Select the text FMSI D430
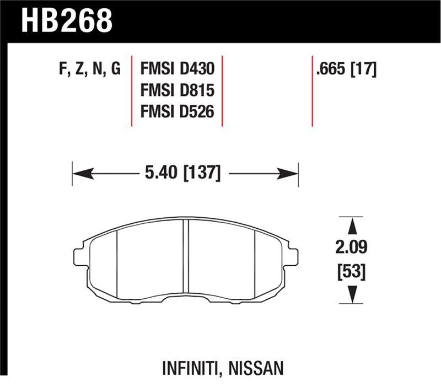tap(176, 70)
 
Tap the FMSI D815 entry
tap(176, 91)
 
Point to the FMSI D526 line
tap(176, 112)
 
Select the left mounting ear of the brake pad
tap(80, 256)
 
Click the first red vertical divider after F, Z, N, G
tap(132, 91)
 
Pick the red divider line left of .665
tap(312, 91)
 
